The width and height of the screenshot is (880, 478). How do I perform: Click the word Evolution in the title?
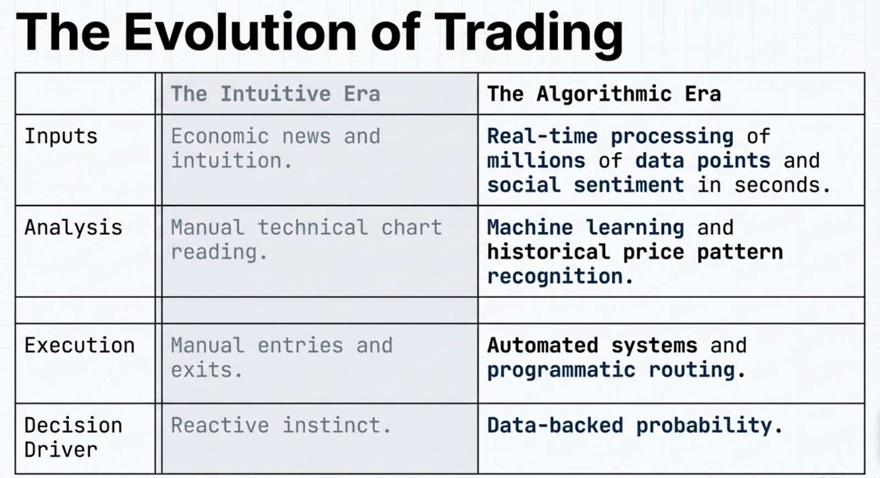240,32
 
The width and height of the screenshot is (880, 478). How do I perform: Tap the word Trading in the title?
529,35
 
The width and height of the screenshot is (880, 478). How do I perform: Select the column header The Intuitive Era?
276,94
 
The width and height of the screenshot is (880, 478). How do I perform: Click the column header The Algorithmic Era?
604,94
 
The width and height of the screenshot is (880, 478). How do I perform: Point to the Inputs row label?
61,137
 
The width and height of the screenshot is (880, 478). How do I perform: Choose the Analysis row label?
74,228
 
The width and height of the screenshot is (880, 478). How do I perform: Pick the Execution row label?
79,346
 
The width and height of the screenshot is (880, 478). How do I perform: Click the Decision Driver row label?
74,437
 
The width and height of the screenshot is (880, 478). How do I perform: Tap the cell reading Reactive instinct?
281,425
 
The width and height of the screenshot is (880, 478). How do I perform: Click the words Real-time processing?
610,137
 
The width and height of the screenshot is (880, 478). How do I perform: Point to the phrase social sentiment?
585,185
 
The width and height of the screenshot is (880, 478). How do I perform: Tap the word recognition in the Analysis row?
555,277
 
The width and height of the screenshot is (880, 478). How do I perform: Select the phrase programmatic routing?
611,370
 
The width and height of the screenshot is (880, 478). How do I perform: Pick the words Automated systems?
592,346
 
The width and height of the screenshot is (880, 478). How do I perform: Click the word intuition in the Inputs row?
226,161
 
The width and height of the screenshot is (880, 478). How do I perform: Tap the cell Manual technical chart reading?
306,240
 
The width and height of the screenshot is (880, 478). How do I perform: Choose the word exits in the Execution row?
201,370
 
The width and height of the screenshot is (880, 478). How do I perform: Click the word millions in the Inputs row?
536,161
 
